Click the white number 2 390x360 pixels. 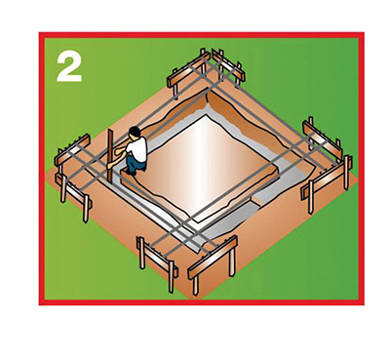[69, 67]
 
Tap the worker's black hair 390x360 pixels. [135, 132]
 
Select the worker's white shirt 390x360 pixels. [137, 148]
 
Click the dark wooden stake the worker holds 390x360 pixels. [110, 155]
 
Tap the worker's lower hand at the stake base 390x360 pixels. [111, 165]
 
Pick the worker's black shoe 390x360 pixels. [132, 173]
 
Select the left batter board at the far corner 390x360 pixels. [187, 73]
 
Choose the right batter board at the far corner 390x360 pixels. [228, 67]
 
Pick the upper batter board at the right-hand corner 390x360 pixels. [323, 139]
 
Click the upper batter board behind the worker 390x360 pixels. [72, 150]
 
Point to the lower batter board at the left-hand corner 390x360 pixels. [74, 193]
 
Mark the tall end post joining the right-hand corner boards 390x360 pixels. [346, 173]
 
